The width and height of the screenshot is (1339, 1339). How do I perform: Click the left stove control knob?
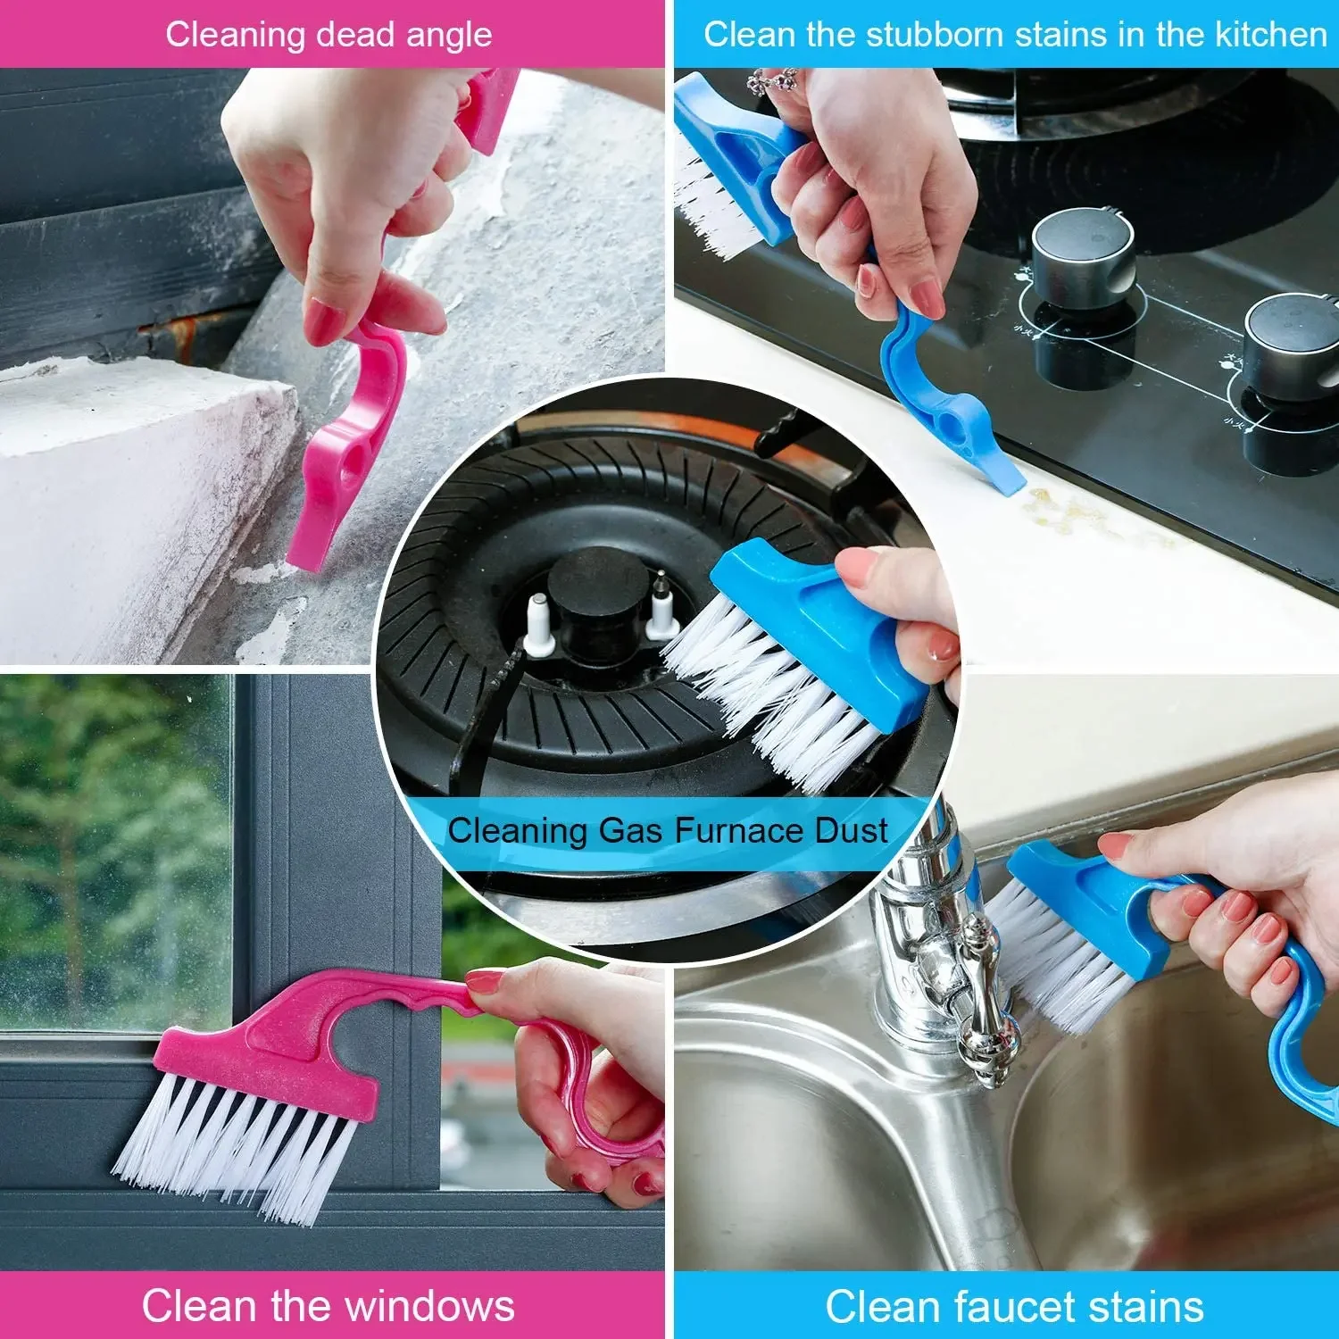pyautogui.click(x=1082, y=258)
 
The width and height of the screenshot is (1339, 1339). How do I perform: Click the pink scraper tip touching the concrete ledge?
pyautogui.click(x=308, y=553)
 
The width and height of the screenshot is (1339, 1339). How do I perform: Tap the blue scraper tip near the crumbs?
pyautogui.click(x=1007, y=482)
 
